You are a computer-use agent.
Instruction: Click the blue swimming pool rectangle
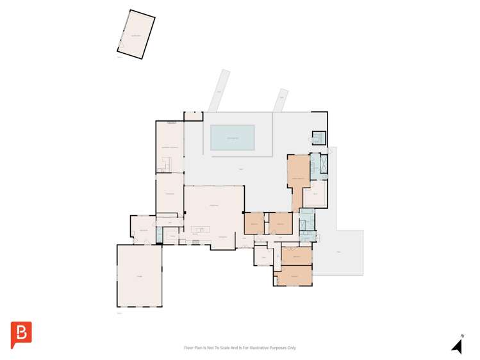point(233,138)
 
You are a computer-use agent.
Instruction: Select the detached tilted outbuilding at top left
point(136,35)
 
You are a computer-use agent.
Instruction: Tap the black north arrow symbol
point(457,347)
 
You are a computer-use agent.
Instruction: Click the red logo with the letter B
point(21,334)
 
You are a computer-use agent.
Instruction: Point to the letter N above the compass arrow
point(461,335)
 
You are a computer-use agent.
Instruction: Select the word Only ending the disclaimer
point(292,348)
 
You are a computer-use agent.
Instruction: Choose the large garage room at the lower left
point(139,275)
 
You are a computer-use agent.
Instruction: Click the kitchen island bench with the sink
point(201,229)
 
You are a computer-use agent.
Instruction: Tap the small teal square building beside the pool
point(318,137)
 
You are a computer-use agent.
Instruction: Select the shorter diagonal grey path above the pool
point(279,99)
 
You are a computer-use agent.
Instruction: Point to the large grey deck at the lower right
point(340,252)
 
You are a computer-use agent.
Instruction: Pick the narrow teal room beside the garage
point(158,234)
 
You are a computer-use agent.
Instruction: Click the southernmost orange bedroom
point(294,276)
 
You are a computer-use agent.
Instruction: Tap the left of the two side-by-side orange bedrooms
point(254,223)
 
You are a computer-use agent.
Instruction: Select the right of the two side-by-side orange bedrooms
point(280,223)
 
